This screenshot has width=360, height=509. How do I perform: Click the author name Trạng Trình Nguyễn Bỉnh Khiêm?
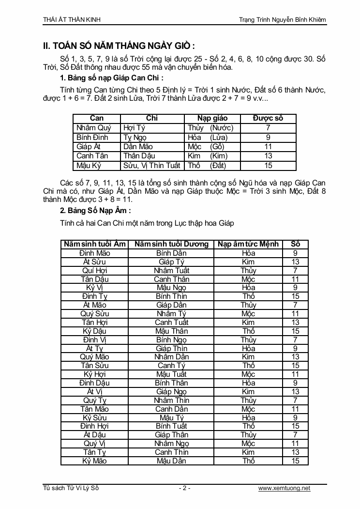pos(283,20)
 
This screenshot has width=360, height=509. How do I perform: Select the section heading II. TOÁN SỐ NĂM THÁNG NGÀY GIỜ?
pos(119,46)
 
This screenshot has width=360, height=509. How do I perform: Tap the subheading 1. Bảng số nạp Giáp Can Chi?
pos(112,77)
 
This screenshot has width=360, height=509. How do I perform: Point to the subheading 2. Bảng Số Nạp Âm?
pos(95,211)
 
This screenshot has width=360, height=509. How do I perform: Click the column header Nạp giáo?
pos(212,118)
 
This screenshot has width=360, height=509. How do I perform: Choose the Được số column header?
pos(268,118)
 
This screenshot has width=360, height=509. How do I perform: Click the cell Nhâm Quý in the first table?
pos(94,128)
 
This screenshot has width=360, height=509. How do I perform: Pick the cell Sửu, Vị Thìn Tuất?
pos(152,166)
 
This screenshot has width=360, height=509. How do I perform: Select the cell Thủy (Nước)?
pos(210,128)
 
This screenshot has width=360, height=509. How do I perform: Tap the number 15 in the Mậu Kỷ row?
pos(268,166)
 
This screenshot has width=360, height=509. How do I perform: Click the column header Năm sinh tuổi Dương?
pos(172,244)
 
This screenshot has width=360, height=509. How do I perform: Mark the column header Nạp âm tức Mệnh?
pos(248,244)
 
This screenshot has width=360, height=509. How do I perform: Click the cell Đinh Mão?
pos(95,253)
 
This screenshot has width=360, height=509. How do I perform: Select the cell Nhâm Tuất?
pos(172,271)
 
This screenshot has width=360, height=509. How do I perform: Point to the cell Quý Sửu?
pos(95,314)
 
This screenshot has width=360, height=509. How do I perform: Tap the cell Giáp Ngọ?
pos(172,392)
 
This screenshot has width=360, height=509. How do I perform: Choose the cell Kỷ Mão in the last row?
pos(95,461)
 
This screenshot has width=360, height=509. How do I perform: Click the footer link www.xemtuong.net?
pos(285,488)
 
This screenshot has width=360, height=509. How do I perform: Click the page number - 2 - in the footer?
pos(184,488)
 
